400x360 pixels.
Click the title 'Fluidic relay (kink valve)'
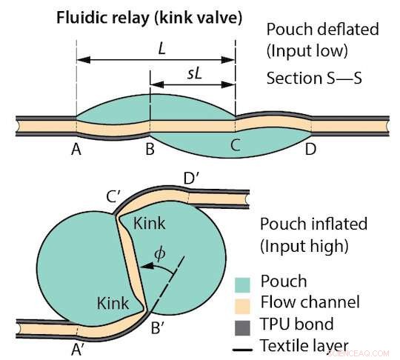(149, 19)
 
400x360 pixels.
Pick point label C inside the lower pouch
(235, 145)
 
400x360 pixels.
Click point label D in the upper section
(310, 148)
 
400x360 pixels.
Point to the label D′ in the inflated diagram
(191, 179)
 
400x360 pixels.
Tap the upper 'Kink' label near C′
(150, 223)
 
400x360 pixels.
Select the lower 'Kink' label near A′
(113, 303)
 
